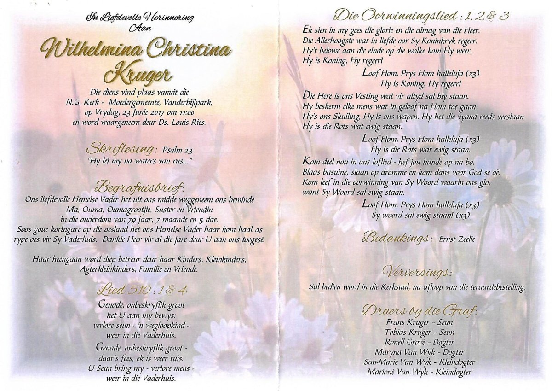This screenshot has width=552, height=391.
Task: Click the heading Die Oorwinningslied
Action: [398, 15]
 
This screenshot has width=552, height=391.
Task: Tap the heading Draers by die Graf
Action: [420, 310]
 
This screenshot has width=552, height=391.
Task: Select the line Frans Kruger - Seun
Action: [420, 322]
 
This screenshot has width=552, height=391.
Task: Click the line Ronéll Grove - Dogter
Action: [420, 342]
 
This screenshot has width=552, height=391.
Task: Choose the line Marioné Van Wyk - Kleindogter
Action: [420, 372]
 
